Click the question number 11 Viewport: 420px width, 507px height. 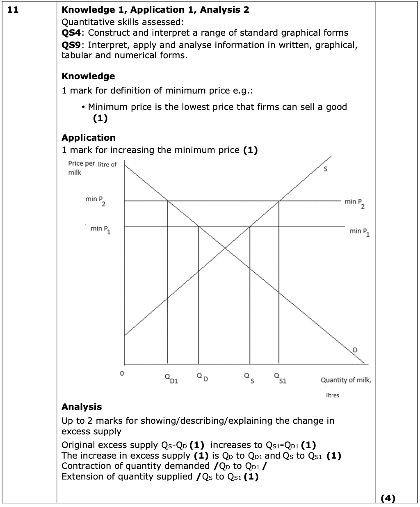(x=13, y=10)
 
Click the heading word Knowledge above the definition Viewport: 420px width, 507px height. (x=88, y=76)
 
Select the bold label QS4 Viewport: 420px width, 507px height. (x=71, y=33)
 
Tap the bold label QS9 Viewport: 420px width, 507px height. (x=71, y=45)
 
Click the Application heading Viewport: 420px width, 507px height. (x=89, y=138)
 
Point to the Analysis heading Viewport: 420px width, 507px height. (x=82, y=407)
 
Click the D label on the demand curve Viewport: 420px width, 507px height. (x=355, y=349)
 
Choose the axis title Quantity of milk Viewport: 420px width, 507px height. (x=346, y=380)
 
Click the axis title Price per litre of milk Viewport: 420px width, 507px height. (x=92, y=168)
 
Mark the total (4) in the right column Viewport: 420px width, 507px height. (x=388, y=498)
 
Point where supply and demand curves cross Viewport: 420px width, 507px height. (x=225, y=247)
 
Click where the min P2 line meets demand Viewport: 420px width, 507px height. (x=167, y=201)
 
